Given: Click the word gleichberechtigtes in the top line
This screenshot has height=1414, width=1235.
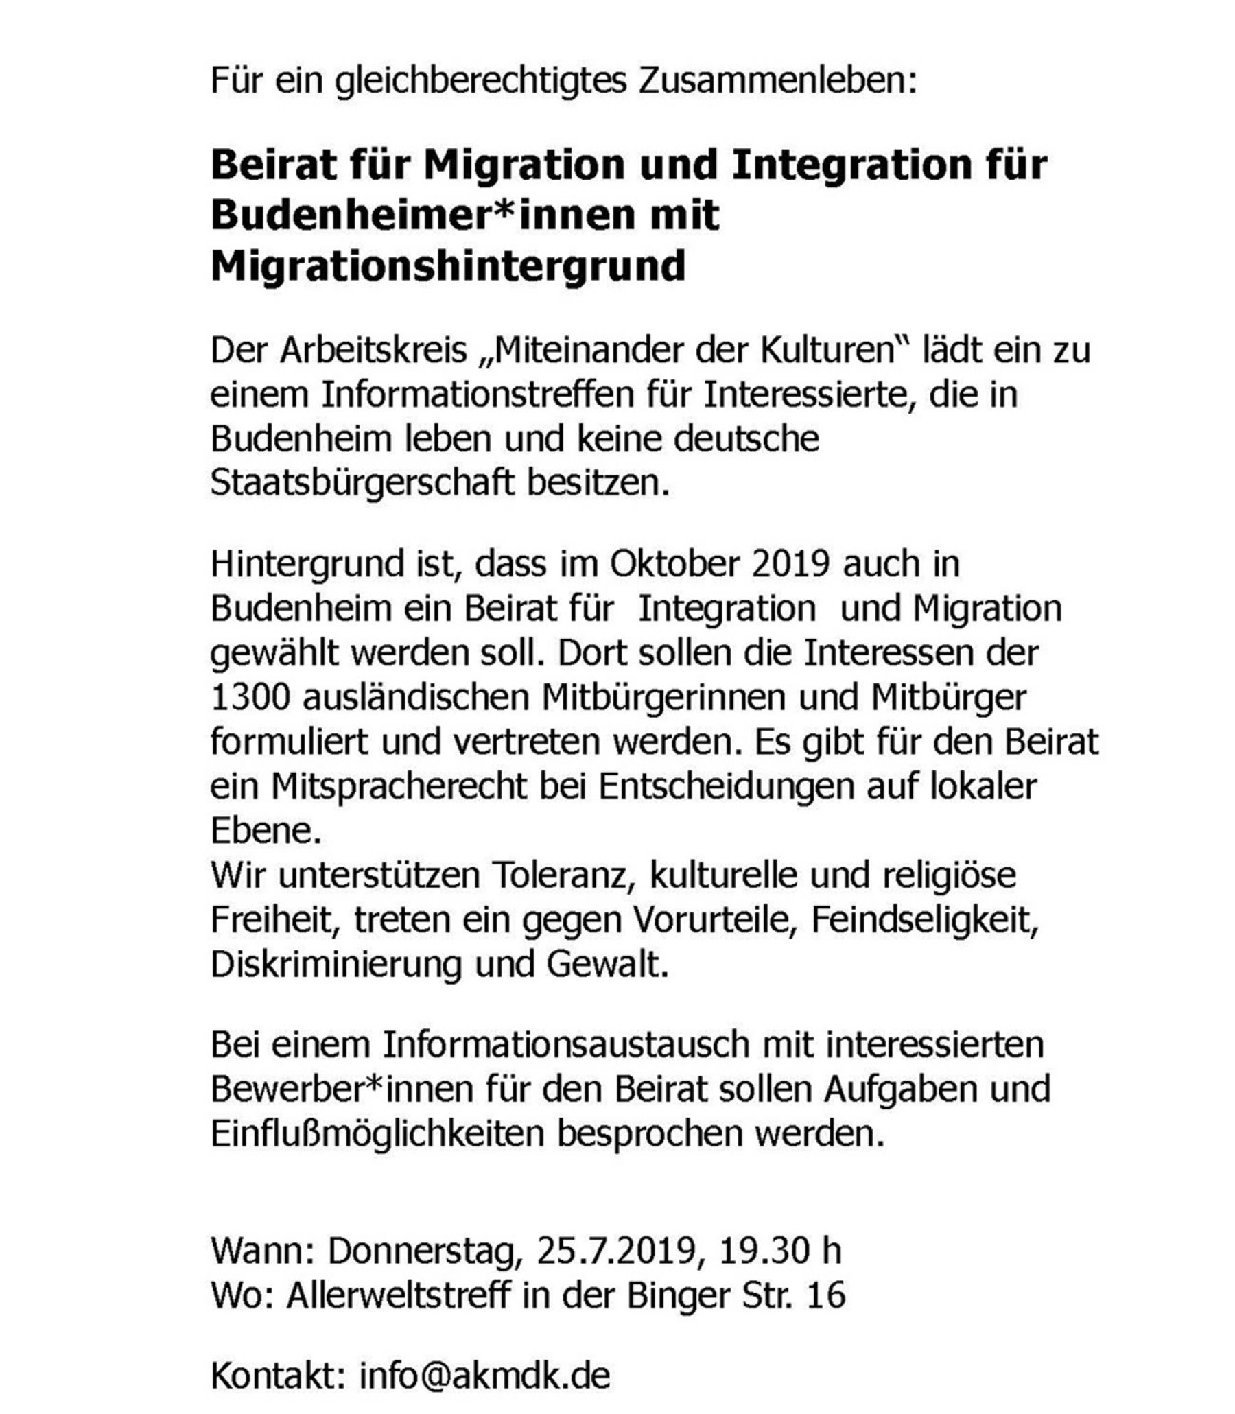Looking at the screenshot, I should [x=480, y=82].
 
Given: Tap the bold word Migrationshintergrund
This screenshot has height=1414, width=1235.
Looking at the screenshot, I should [x=448, y=267].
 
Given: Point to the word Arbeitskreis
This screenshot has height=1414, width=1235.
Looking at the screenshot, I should [x=373, y=351].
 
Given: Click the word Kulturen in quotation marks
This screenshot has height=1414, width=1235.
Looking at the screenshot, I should [x=835, y=351].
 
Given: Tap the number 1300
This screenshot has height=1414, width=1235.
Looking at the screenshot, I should [x=250, y=697].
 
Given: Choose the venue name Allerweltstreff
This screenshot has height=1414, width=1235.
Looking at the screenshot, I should [x=399, y=1295].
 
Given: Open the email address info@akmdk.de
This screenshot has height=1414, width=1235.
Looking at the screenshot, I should [x=484, y=1376].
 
